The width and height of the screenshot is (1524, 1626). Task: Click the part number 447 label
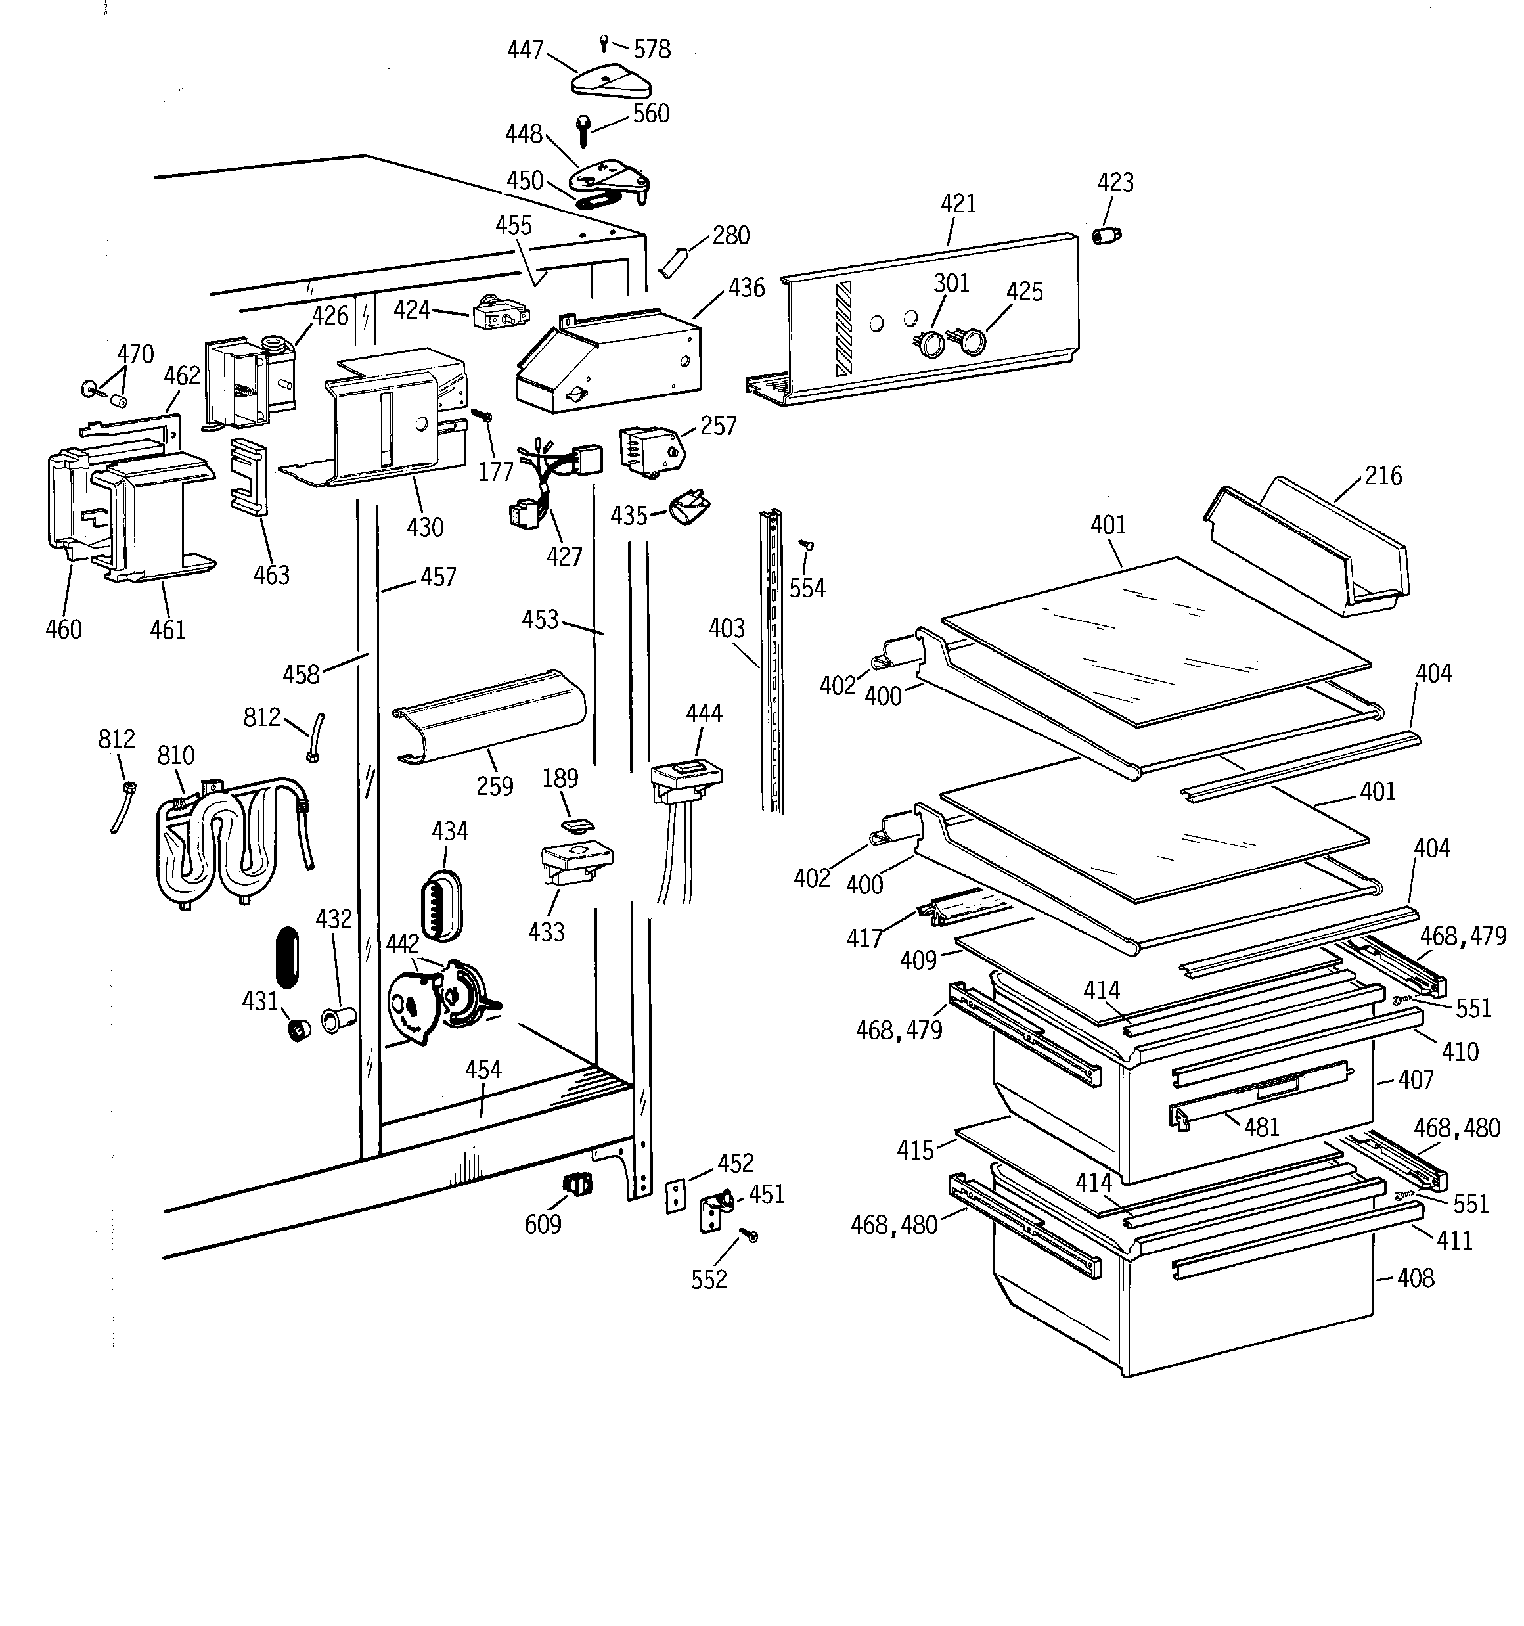524,50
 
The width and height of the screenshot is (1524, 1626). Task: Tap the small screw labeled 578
604,40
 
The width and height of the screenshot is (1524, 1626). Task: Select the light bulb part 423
1107,237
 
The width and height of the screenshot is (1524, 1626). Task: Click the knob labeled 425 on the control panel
971,342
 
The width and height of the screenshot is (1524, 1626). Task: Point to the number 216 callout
1383,475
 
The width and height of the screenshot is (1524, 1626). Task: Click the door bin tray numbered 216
1309,548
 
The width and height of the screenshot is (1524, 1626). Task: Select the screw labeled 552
748,1236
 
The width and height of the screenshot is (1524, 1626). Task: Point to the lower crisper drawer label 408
1415,1278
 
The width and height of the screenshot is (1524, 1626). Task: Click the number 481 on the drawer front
1261,1127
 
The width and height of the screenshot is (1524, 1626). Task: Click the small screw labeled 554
806,543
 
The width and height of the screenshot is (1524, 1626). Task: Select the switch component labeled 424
500,316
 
